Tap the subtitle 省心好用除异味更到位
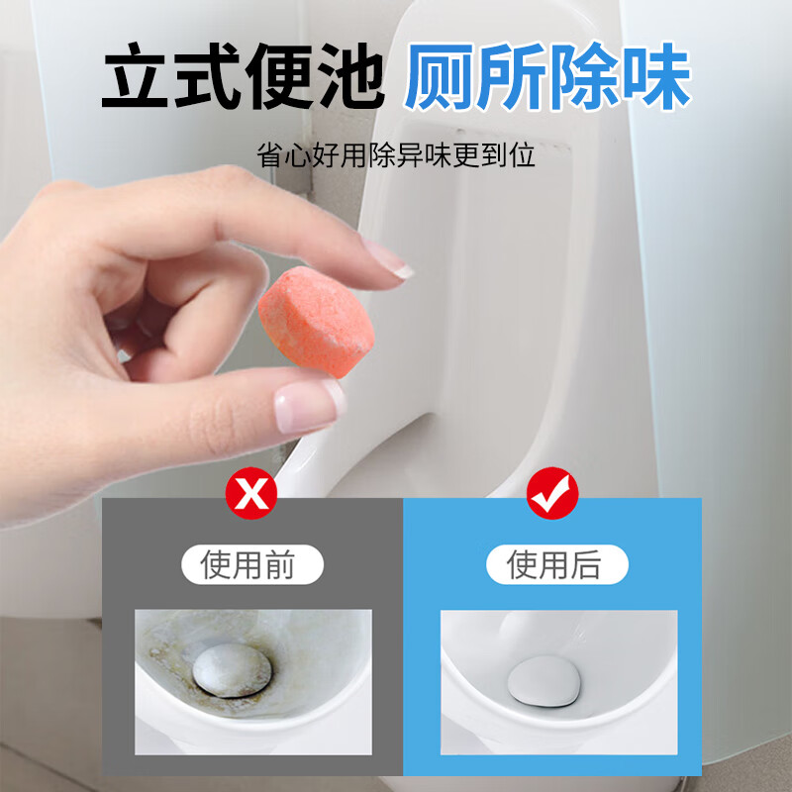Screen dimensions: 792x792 coord(396,155)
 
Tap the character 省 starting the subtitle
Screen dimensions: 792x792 coord(270,155)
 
